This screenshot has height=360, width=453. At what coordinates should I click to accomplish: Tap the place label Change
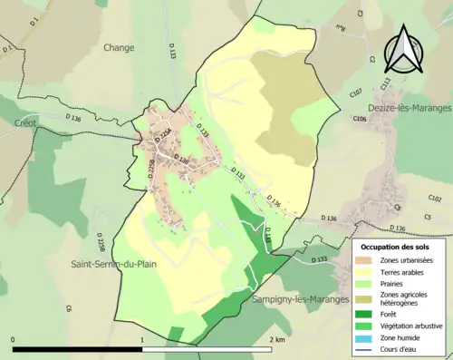click(x=119, y=47)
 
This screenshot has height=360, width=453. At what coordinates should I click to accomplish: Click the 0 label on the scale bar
click(x=14, y=339)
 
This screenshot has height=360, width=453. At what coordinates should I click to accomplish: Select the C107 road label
click(x=355, y=92)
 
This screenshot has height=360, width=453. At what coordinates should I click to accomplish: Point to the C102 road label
click(x=435, y=198)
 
